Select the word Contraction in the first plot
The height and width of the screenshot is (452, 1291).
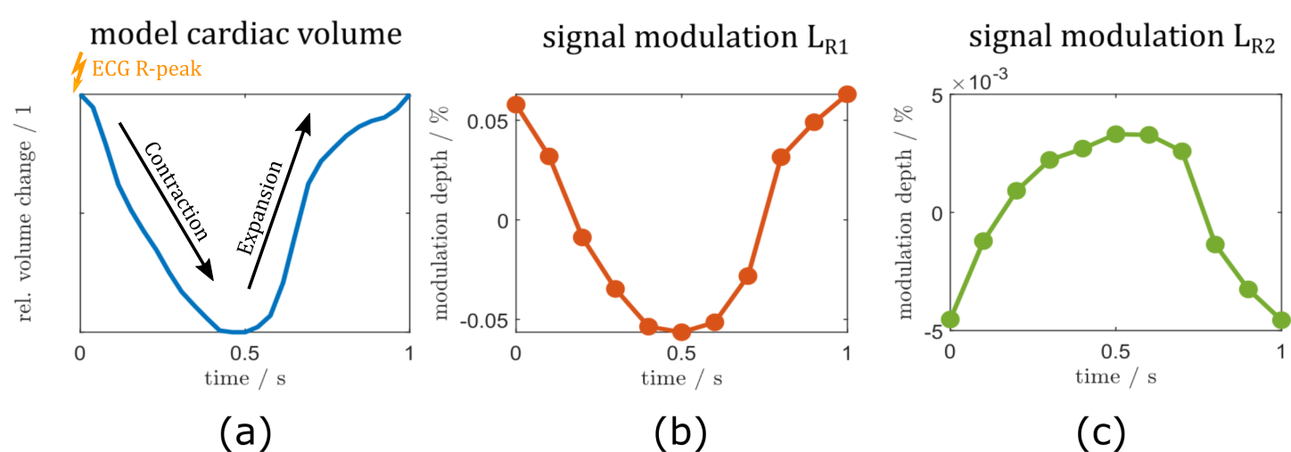pyautogui.click(x=177, y=192)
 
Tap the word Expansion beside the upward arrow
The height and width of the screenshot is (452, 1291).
pyautogui.click(x=260, y=208)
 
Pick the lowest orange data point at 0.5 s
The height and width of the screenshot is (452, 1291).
pyautogui.click(x=681, y=333)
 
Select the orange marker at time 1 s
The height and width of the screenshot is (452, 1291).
pyautogui.click(x=847, y=95)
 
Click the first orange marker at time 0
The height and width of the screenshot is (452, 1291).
pyautogui.click(x=515, y=104)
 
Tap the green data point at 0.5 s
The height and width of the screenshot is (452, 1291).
pyautogui.click(x=1115, y=135)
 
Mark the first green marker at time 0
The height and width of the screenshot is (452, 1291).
pyautogui.click(x=950, y=319)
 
